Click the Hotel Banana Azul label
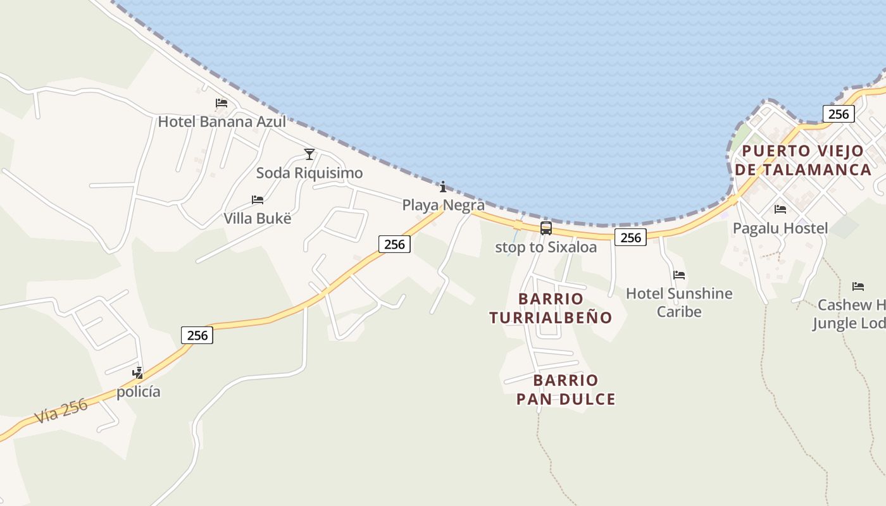(221, 121)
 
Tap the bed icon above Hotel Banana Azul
(221, 102)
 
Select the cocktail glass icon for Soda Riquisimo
(309, 154)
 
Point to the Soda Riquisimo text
(309, 173)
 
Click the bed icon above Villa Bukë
(257, 200)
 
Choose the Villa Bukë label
(258, 218)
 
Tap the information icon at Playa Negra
(443, 187)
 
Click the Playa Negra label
(444, 205)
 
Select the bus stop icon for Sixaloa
(546, 228)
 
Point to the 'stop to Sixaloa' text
(546, 247)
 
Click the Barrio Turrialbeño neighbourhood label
(551, 308)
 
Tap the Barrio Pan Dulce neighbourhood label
(566, 390)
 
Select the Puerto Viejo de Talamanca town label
(803, 160)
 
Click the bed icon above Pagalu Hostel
(780, 209)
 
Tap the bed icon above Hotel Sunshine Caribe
(679, 275)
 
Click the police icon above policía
(137, 373)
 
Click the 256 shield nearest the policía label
(197, 335)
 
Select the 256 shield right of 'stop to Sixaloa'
(630, 237)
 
